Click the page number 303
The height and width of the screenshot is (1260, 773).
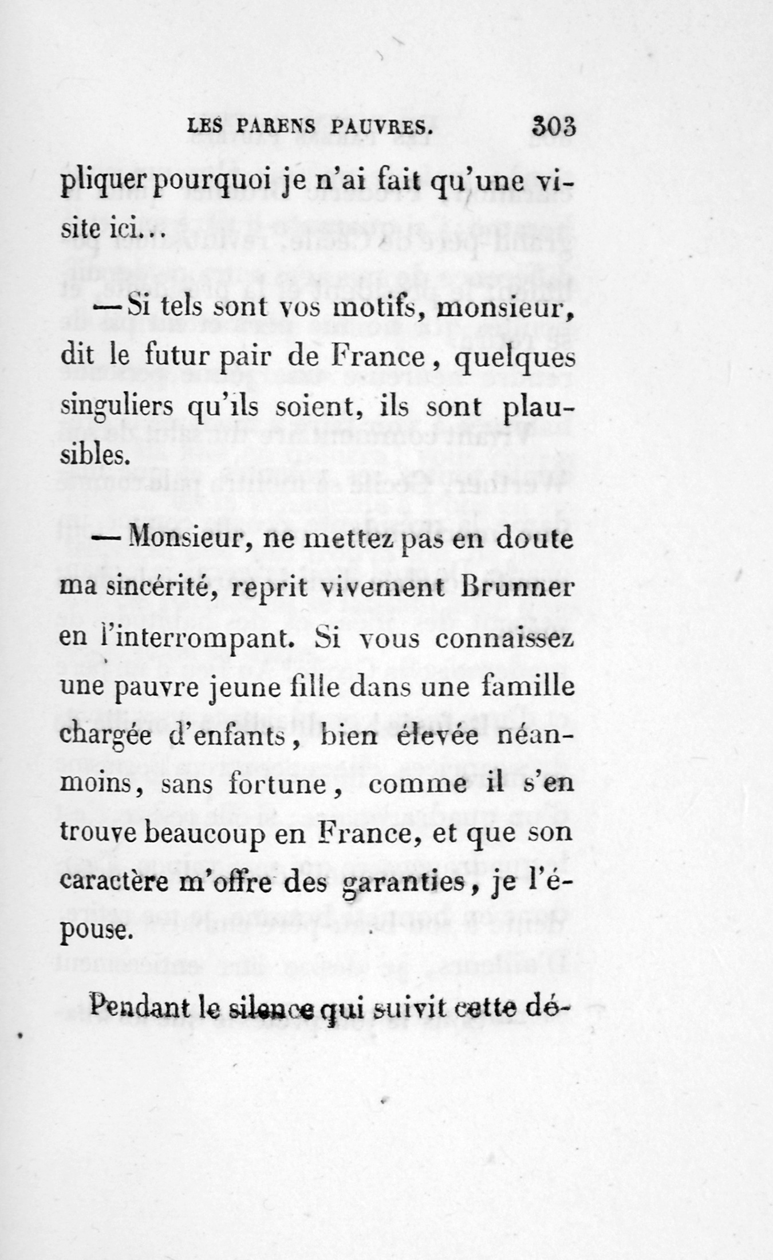554,126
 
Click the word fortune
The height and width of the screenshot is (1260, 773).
278,784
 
